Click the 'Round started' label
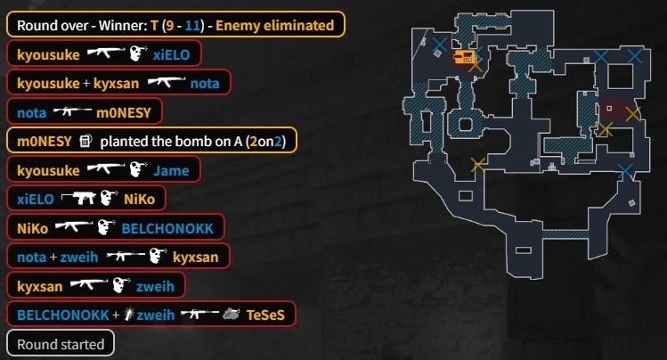click(61, 344)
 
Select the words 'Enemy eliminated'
click(281, 25)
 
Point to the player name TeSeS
click(267, 315)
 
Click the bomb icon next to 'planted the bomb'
click(85, 141)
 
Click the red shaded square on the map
click(610, 109)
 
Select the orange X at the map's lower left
click(478, 163)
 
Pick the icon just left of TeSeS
click(231, 315)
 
